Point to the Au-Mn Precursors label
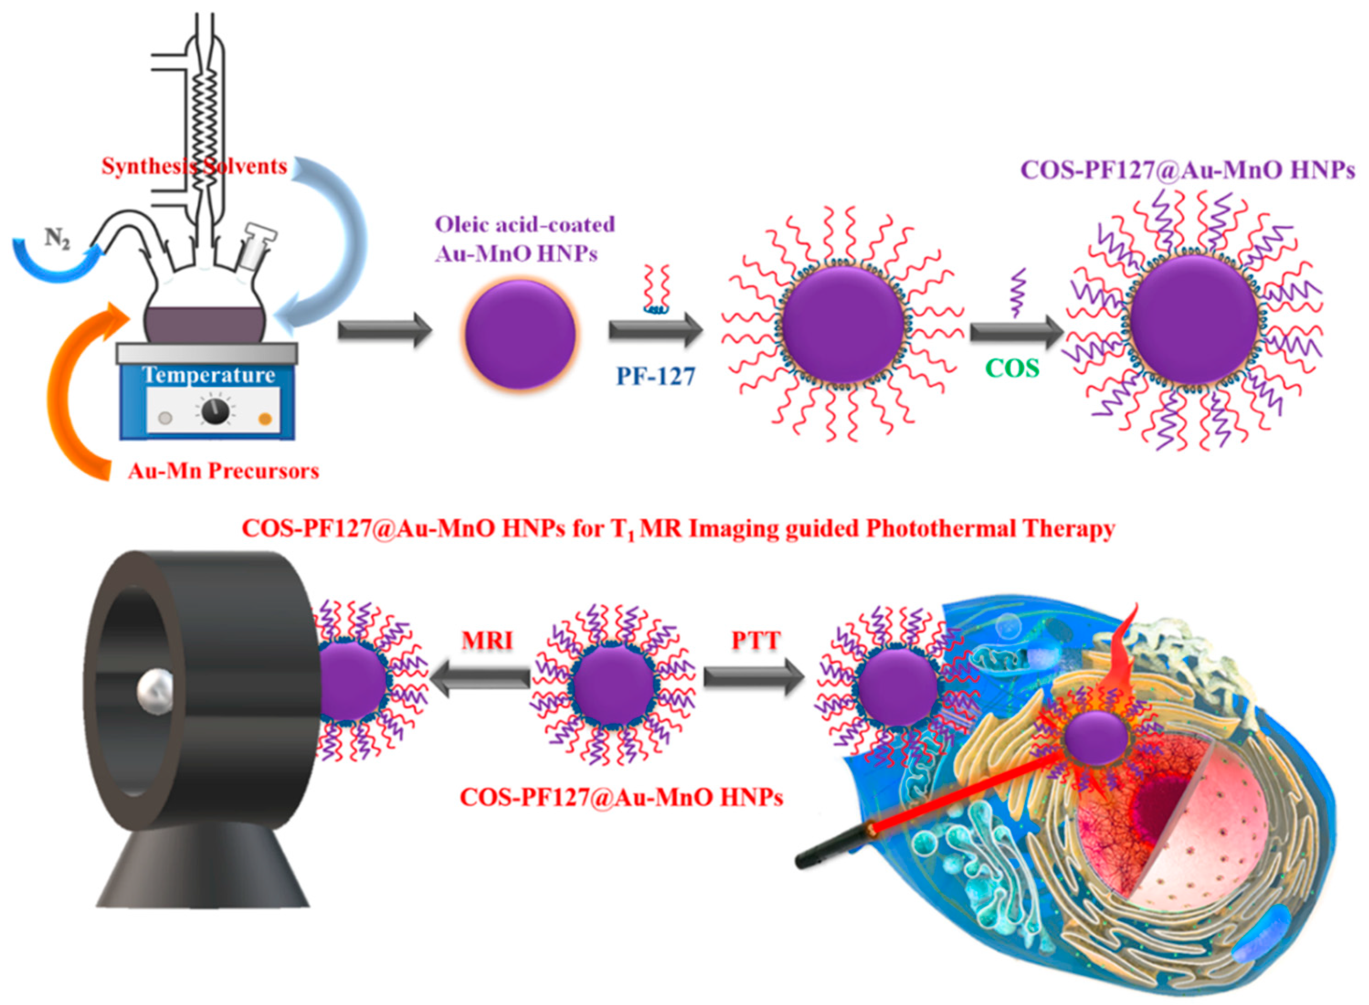[223, 471]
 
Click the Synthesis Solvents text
[194, 166]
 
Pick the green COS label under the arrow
[1012, 368]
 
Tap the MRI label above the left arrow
[487, 641]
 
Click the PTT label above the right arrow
[756, 641]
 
